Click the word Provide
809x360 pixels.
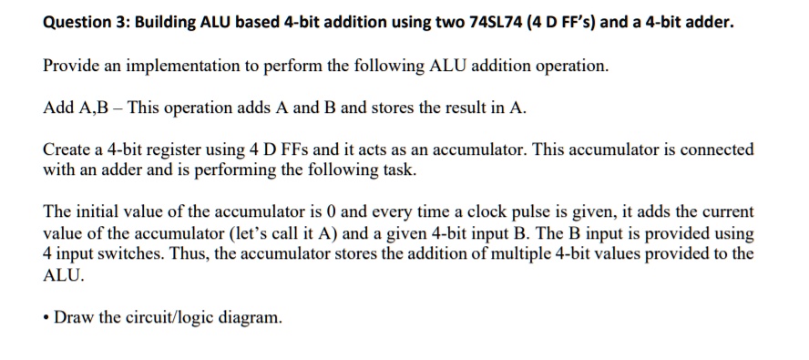[x=70, y=67]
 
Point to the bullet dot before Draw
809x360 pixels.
[x=46, y=318]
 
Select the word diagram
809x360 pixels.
[x=251, y=318]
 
